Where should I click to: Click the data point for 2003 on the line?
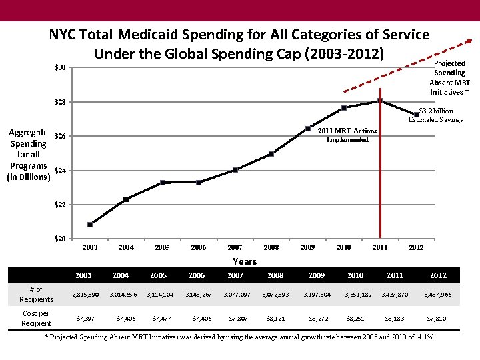point(90,225)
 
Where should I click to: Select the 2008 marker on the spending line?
point(271,154)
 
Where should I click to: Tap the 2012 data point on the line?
point(417,115)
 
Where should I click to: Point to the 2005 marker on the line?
point(163,183)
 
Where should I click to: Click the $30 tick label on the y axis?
point(61,68)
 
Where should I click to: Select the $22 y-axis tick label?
point(61,205)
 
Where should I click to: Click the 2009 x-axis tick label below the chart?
point(307,248)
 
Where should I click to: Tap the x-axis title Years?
point(244,261)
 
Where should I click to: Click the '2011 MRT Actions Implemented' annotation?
point(347,135)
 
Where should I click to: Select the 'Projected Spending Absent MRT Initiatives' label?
point(449,77)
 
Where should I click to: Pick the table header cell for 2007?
point(235,275)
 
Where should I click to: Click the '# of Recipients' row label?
point(36,294)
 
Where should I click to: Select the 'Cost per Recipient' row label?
point(36,318)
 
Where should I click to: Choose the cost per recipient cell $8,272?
point(317,319)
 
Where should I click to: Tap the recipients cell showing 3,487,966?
point(438,294)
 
